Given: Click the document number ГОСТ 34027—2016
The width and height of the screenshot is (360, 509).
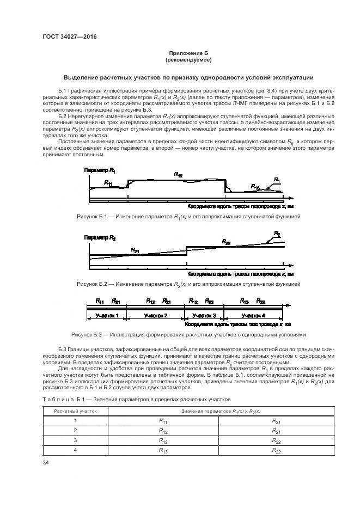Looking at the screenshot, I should pos(66,37).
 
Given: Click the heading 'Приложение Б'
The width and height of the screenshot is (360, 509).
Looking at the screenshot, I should pos(188,53).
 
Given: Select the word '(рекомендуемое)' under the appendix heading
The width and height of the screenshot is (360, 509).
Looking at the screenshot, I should pos(188,59).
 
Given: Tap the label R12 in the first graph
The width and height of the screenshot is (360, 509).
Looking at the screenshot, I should pos(178,174).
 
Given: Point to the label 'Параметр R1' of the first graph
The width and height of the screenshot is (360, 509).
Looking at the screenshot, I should pos(100,171).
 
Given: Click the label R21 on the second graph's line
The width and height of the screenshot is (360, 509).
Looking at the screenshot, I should pos(135,250).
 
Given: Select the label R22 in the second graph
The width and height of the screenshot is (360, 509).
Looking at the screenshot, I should pos(226,241).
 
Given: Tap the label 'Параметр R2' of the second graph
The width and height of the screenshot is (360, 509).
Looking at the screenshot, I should pos(100,238).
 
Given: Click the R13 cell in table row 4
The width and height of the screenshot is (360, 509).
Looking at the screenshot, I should pos(162,450).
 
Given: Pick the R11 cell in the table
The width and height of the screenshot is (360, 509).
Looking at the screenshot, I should pos(162,421).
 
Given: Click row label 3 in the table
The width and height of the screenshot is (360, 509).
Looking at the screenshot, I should pos(75,440).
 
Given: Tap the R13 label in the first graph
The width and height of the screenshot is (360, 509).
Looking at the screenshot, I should pos(255,186).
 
